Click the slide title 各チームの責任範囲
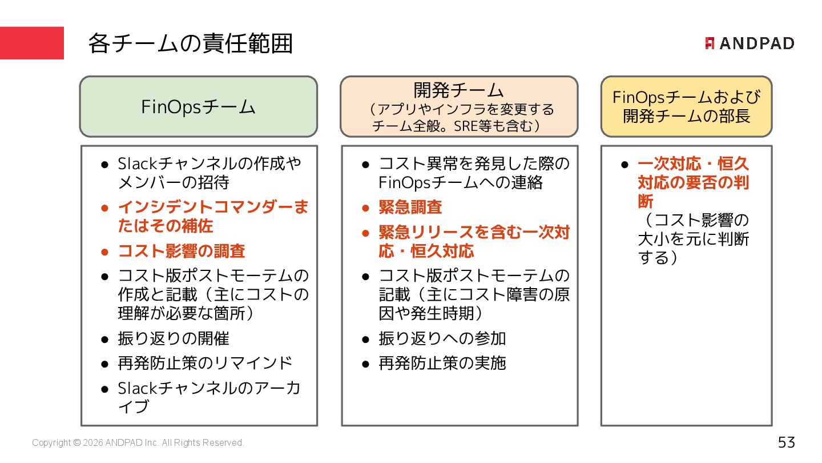pos(190,43)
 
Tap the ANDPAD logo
pos(750,43)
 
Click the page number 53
pos(786,442)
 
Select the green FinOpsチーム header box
pos(198,107)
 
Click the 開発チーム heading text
pos(458,90)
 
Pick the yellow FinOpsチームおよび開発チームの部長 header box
pos(686,107)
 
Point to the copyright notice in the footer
pos(138,443)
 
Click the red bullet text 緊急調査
pos(410,207)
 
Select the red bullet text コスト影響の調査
pos(182,251)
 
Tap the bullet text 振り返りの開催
pos(174,338)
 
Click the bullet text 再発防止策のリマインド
pos(205,363)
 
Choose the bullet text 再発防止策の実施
pos(442,363)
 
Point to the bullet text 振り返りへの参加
pos(442,338)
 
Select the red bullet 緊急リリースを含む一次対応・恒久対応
pos(474,242)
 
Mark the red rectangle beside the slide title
pos(32,43)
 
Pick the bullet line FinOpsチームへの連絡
pos(461,183)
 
